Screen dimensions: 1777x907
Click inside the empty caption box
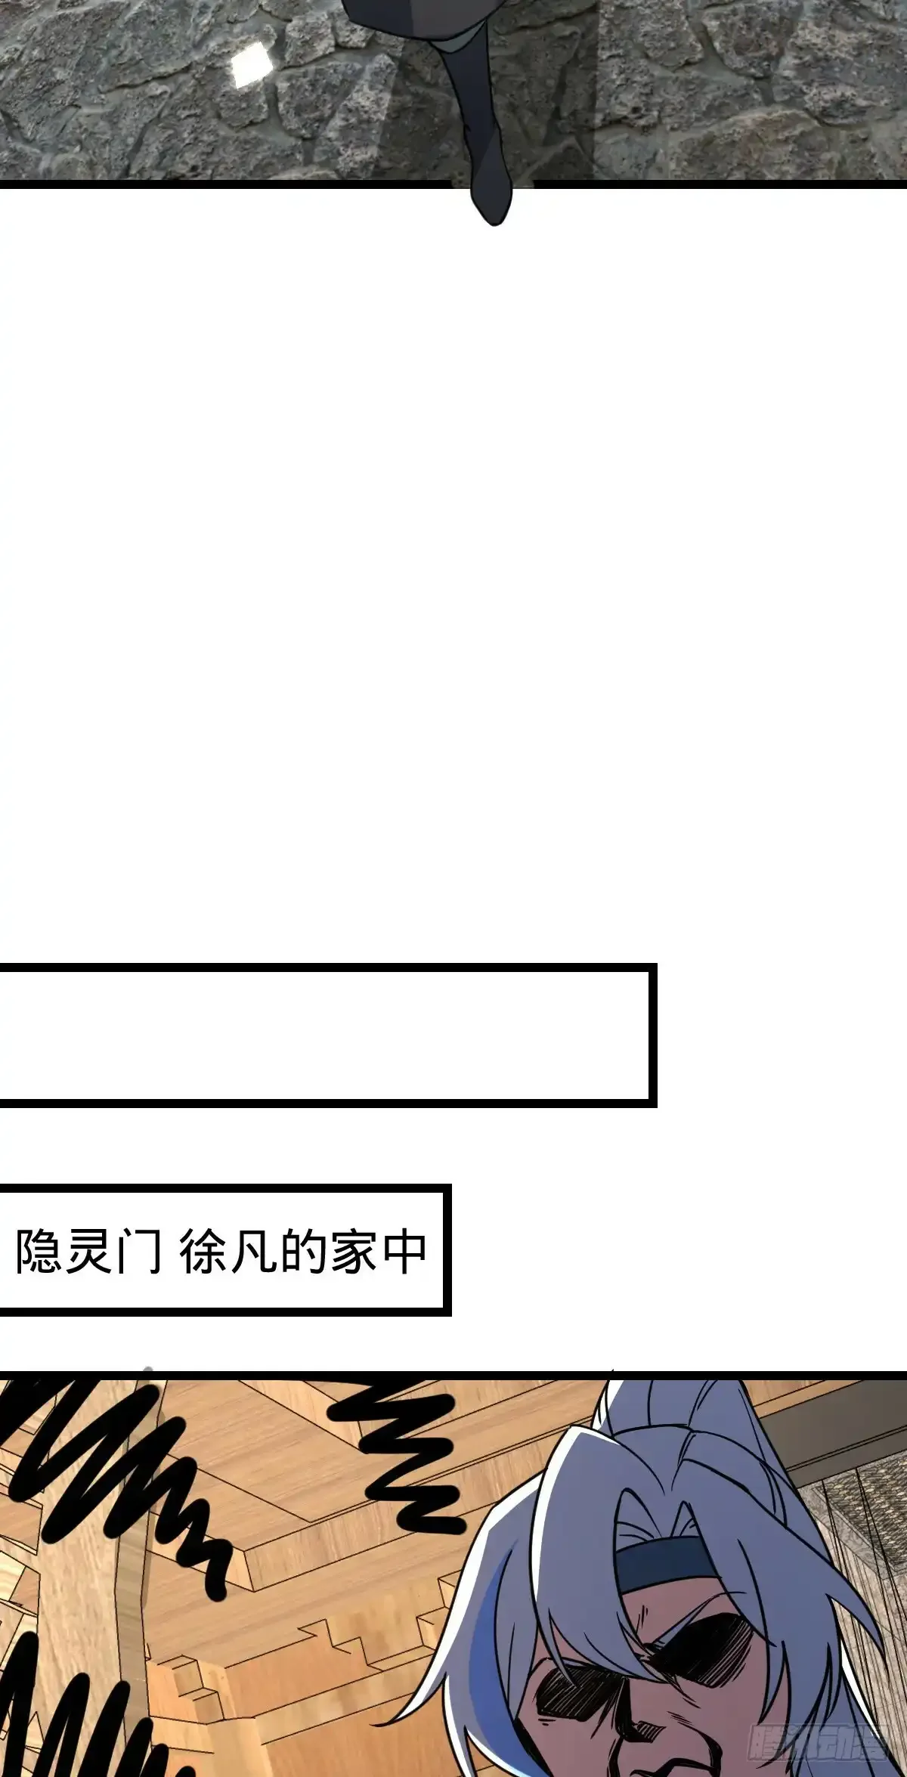coord(325,1035)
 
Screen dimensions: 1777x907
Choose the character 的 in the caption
coord(303,1252)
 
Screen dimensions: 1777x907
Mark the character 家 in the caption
coord(353,1252)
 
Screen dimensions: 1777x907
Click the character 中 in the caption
coord(404,1252)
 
